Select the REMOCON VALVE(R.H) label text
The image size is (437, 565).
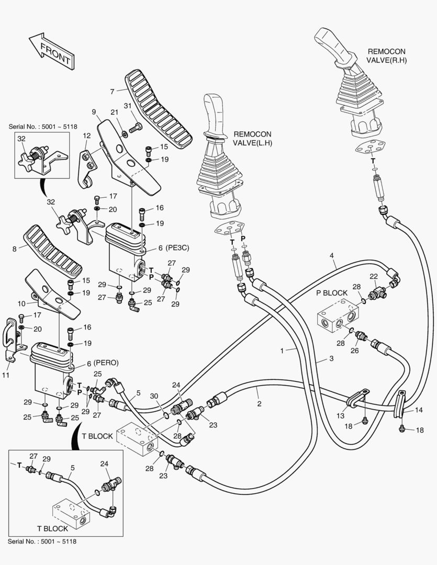[387, 56]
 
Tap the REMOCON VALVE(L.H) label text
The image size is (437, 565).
[253, 138]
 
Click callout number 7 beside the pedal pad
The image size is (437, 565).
[112, 91]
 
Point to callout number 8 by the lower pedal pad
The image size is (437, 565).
[15, 248]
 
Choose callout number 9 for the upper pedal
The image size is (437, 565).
[94, 111]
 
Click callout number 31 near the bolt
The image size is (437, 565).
[127, 107]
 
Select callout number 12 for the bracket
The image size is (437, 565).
[87, 135]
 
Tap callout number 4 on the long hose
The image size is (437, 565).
[331, 255]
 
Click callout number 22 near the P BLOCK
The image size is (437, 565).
[373, 276]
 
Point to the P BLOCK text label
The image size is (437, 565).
[332, 293]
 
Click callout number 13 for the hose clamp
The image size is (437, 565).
[340, 415]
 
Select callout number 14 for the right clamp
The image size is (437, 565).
[418, 410]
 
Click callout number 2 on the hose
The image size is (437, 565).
[259, 404]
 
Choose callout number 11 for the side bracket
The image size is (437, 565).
[6, 375]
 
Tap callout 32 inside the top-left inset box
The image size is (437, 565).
[21, 139]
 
